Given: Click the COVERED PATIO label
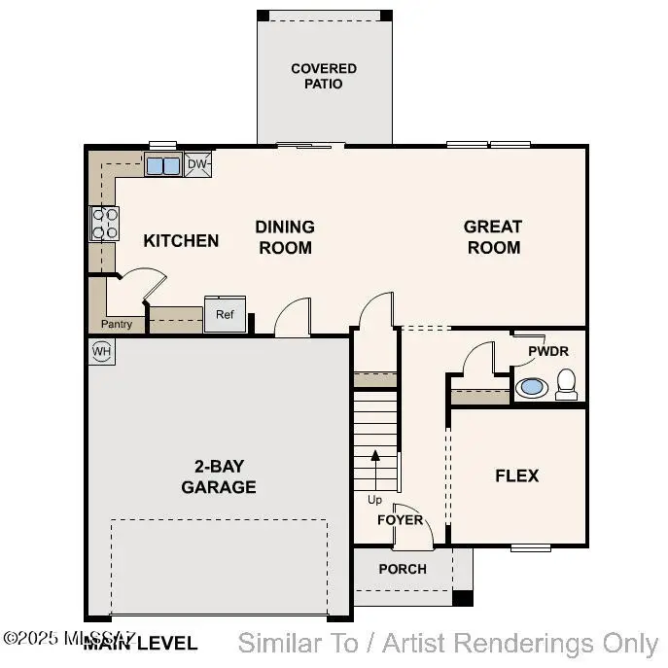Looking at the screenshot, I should tap(324, 76).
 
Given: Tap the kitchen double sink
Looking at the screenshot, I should tap(163, 165).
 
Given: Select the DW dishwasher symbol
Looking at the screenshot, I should tap(197, 164).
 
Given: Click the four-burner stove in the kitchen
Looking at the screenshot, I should tap(105, 224).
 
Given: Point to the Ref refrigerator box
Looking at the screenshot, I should tap(225, 314).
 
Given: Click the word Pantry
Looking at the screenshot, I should tap(117, 324).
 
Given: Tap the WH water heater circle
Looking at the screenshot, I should tap(101, 351).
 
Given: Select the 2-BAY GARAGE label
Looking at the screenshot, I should tap(219, 476).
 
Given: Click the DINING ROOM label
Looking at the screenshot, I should tap(285, 236).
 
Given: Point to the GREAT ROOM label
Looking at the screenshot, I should tap(493, 236).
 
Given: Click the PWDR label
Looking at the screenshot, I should tap(548, 351).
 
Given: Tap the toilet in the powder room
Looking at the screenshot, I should tap(567, 386).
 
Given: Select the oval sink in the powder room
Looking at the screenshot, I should tap(532, 387).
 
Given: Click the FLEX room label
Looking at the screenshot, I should tap(516, 475).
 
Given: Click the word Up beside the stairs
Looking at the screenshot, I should tap(374, 500).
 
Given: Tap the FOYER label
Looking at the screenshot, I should tap(401, 519).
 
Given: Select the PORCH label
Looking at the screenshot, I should tap(403, 569).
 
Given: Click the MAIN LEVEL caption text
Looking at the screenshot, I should tap(140, 643).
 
